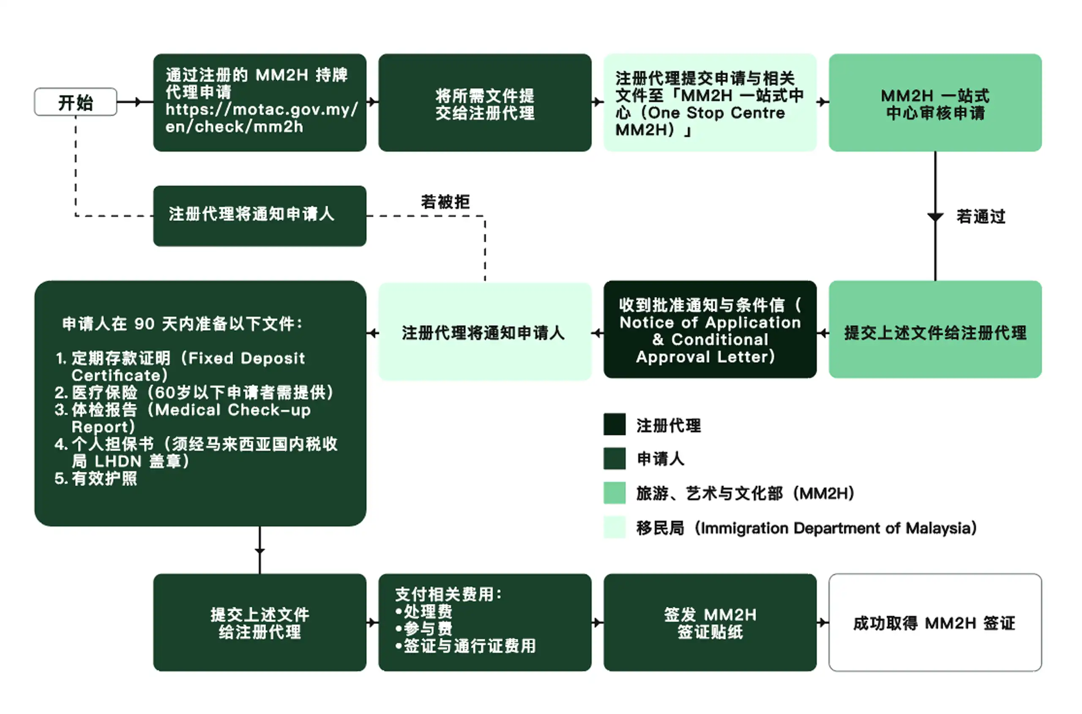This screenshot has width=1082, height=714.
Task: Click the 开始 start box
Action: coord(76,102)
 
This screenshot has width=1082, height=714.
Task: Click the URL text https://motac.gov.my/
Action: coord(262,110)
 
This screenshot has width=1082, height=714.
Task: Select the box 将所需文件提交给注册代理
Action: coord(485,103)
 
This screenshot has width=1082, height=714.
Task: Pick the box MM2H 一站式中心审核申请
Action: coord(935,103)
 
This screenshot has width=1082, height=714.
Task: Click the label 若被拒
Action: coord(445,202)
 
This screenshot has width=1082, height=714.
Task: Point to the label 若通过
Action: coord(981,217)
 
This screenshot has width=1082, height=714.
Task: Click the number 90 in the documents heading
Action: coord(144,324)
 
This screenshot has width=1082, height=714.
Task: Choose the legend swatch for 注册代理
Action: coord(614,425)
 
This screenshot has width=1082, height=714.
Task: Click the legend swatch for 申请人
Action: coord(614,459)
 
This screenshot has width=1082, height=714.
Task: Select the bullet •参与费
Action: coord(424,629)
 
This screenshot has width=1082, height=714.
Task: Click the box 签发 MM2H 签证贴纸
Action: coord(710,623)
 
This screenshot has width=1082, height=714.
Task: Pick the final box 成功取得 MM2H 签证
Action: coord(935,623)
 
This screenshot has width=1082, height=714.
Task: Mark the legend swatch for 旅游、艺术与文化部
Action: coord(614,493)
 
